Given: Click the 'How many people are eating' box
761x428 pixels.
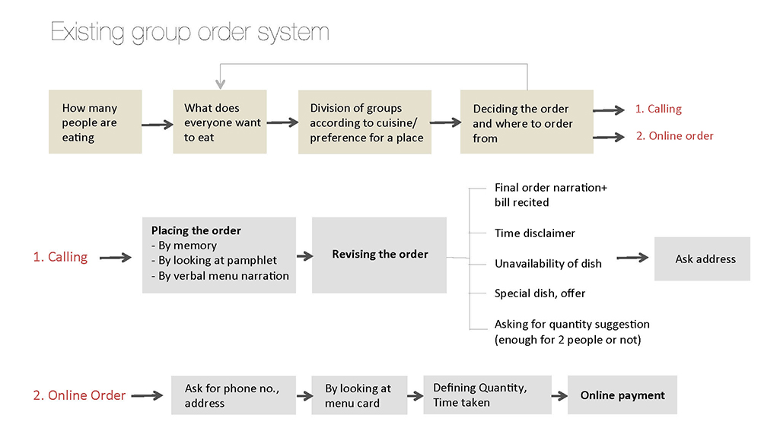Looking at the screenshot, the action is pyautogui.click(x=95, y=122).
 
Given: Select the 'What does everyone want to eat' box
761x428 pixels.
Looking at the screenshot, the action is pyautogui.click(x=220, y=122).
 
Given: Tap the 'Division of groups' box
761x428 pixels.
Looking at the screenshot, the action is pyautogui.click(x=365, y=122).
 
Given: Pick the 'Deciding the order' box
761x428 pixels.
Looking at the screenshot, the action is pyautogui.click(x=527, y=122).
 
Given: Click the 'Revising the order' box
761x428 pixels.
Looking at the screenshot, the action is pyautogui.click(x=379, y=255).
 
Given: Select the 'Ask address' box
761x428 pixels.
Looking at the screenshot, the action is pyautogui.click(x=702, y=258).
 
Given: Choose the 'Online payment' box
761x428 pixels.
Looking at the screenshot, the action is pyautogui.click(x=622, y=395).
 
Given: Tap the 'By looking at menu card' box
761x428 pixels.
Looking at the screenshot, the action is pyautogui.click(x=359, y=395).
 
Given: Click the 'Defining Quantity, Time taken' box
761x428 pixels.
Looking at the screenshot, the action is pyautogui.click(x=487, y=395).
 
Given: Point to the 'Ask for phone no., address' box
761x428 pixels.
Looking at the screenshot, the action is pyautogui.click(x=234, y=395).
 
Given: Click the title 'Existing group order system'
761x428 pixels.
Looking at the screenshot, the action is pyautogui.click(x=189, y=33).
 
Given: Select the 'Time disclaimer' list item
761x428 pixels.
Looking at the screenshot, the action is pyautogui.click(x=535, y=233).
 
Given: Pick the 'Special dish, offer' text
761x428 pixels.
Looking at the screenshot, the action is pyautogui.click(x=540, y=293).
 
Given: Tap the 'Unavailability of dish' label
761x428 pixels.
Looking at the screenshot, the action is pyautogui.click(x=548, y=264).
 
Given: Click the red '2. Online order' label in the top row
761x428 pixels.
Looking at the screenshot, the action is pyautogui.click(x=674, y=136).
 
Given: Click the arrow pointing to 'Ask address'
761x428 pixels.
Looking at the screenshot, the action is pyautogui.click(x=632, y=258).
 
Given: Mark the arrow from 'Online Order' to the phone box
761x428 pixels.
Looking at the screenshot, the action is pyautogui.click(x=147, y=395).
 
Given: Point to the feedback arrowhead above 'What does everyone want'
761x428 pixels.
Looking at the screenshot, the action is pyautogui.click(x=221, y=84).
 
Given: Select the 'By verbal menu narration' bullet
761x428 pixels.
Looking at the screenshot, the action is pyautogui.click(x=221, y=276).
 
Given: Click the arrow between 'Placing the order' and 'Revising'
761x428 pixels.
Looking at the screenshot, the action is pyautogui.click(x=305, y=255).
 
